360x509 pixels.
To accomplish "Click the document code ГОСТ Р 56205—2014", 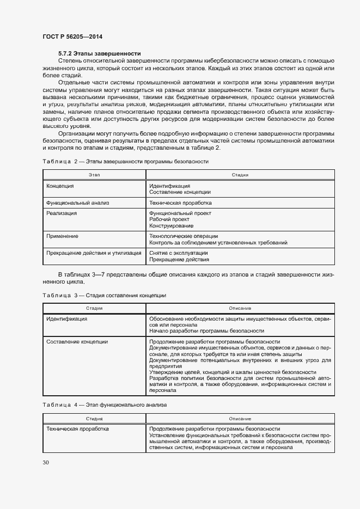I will pyautogui.click(x=72, y=36).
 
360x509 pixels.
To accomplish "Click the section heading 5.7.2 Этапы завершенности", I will pyautogui.click(x=100, y=53).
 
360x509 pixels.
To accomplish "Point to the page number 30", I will pyautogui.click(x=46, y=463).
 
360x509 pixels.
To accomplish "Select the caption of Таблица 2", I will pyautogui.click(x=125, y=161).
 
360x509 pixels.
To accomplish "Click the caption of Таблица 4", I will pyautogui.click(x=105, y=405).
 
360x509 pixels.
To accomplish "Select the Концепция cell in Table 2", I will pyautogui.click(x=60, y=186).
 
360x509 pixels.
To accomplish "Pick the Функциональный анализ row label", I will pyautogui.click(x=78, y=203).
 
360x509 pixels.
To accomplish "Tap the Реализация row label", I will pyautogui.click(x=62, y=213).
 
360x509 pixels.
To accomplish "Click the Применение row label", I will pyautogui.click(x=62, y=236).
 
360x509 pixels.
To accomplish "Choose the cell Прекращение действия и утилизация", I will pyautogui.click(x=94, y=253).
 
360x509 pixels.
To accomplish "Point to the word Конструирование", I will pyautogui.click(x=171, y=225).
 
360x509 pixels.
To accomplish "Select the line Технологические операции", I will pyautogui.click(x=183, y=236).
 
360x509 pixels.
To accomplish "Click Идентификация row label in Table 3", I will pyautogui.click(x=67, y=319).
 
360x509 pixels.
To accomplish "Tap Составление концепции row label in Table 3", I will pyautogui.click(x=77, y=342).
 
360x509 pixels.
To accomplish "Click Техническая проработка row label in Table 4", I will pyautogui.click(x=77, y=429).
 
